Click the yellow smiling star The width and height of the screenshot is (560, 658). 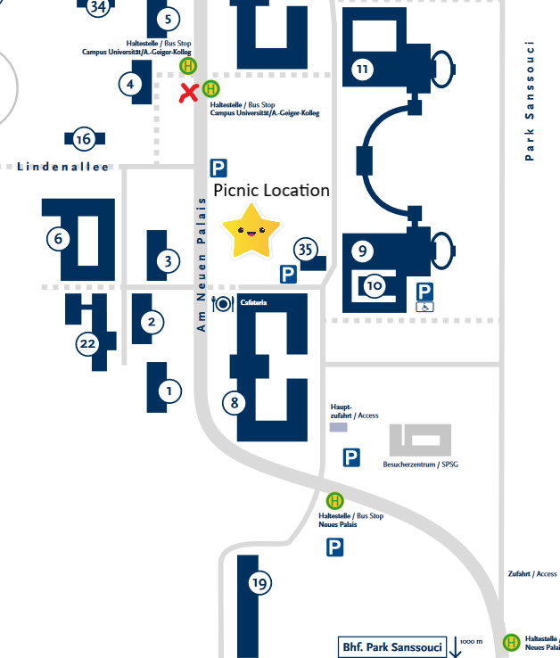[x=250, y=231]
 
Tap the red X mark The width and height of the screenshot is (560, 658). [x=188, y=92]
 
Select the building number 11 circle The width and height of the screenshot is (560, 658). [x=362, y=70]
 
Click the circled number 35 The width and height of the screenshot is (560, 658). [x=307, y=250]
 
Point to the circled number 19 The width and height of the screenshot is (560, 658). [x=259, y=584]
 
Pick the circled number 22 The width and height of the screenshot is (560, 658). [x=86, y=343]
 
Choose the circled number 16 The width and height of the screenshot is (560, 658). [x=84, y=139]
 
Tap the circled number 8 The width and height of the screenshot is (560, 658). [x=235, y=402]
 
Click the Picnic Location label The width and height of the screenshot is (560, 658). [x=271, y=190]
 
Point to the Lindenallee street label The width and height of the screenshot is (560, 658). [x=62, y=167]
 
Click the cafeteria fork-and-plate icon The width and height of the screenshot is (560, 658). [x=222, y=304]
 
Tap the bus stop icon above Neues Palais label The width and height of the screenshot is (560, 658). [x=334, y=501]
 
